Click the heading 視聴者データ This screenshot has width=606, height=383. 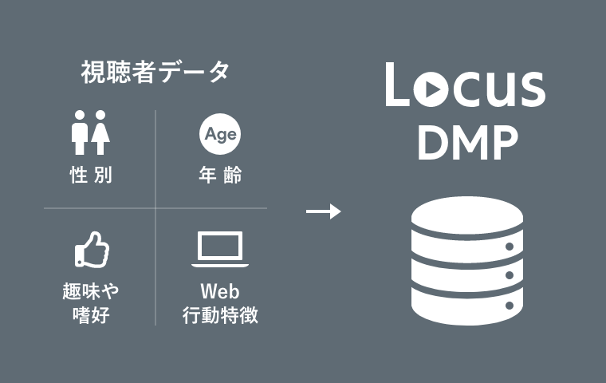coord(155,73)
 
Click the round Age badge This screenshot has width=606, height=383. coord(219,134)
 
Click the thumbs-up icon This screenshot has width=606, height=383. coord(91,249)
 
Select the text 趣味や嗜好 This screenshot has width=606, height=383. coord(90,302)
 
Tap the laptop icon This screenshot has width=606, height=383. coord(219,250)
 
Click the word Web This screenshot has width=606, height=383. coord(219,289)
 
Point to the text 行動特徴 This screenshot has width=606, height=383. coord(219,315)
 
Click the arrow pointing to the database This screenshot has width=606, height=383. coord(323,211)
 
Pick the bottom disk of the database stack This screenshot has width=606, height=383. coord(466,306)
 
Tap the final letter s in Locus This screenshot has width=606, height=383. coord(533,90)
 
